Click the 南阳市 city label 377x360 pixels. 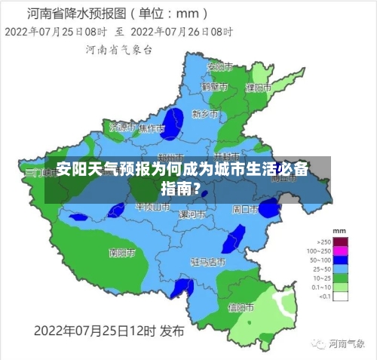121,252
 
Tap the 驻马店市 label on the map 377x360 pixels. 208,262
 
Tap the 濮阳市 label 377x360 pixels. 259,88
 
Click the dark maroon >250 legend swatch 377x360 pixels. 341,241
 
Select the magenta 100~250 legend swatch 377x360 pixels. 341,250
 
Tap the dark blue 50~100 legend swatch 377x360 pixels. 341,259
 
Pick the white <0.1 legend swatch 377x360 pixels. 341,296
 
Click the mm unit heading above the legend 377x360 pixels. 339,230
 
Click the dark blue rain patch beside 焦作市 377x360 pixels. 174,123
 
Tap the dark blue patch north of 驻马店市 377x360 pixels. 233,238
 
